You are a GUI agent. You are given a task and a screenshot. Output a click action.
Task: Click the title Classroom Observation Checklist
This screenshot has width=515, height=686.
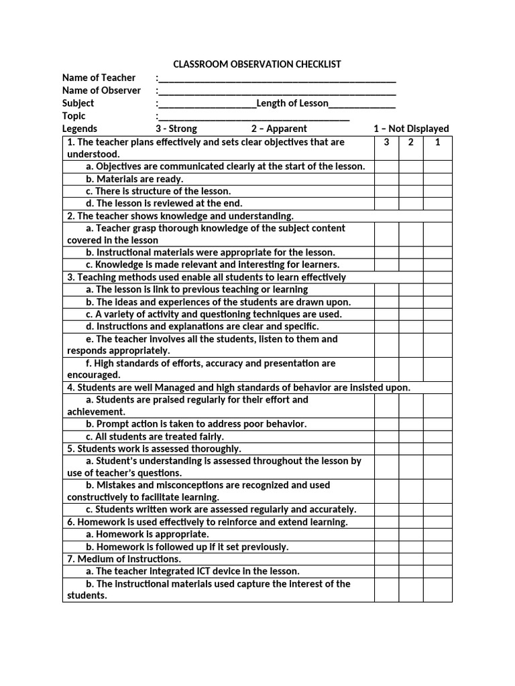coord(257,64)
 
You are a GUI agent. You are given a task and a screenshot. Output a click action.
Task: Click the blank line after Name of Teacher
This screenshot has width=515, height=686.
coord(277,78)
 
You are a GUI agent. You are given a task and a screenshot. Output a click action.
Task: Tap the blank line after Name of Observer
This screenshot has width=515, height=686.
coord(277,91)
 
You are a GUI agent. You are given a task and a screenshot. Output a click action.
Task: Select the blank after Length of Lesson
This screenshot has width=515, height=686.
coord(362,104)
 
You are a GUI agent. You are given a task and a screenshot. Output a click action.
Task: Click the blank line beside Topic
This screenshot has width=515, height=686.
coord(253,117)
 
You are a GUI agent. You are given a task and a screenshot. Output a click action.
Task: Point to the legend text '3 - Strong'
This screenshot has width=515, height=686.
coord(176,129)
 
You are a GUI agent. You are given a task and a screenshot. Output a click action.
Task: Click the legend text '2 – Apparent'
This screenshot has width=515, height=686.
coord(279,129)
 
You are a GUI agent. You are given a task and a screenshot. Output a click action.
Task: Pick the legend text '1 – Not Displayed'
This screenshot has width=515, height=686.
coord(411,129)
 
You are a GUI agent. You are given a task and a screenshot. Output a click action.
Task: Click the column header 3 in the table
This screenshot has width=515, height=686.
coord(386,142)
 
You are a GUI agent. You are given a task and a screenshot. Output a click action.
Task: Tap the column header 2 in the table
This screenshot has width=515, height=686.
coord(411,142)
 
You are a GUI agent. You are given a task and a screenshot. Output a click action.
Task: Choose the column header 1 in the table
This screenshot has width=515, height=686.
coord(437,142)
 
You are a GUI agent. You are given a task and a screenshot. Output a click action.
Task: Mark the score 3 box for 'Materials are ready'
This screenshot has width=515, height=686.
coord(386,179)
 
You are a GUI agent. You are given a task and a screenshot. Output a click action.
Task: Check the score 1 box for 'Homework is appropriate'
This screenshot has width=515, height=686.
coord(437,535)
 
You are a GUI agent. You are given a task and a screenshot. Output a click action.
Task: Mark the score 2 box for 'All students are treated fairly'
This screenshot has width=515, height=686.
coord(411,437)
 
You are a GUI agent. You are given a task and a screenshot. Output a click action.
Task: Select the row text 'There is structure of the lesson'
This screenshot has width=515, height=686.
coord(158,191)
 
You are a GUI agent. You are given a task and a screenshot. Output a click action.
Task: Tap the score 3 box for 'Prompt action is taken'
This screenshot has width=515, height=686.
coord(386,424)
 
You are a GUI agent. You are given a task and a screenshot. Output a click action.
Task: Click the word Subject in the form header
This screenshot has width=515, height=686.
coord(78,103)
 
